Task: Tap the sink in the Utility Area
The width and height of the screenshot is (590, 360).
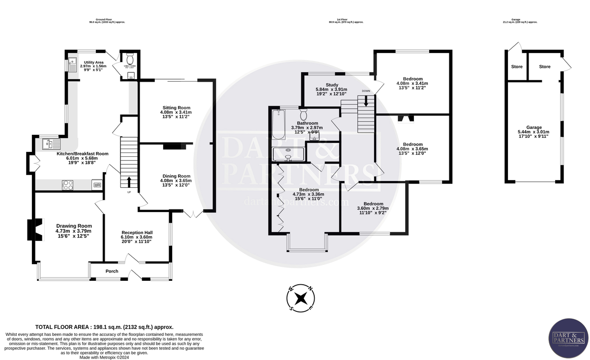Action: pyautogui.click(x=72, y=64)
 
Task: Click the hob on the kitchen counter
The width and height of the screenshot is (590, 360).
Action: pyautogui.click(x=68, y=185)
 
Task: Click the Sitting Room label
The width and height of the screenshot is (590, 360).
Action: pyautogui.click(x=177, y=107)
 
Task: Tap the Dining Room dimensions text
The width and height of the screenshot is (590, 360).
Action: pyautogui.click(x=177, y=183)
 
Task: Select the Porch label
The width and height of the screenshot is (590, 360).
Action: pyautogui.click(x=112, y=271)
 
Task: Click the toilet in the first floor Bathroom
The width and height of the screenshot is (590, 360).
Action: pyautogui.click(x=303, y=113)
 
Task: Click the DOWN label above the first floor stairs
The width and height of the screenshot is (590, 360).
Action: pyautogui.click(x=366, y=91)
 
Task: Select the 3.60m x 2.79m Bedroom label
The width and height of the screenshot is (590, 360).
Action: pyautogui.click(x=373, y=204)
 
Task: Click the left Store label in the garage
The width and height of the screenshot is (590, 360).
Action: pyautogui.click(x=516, y=66)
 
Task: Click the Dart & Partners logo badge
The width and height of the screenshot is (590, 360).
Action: pyautogui.click(x=568, y=339)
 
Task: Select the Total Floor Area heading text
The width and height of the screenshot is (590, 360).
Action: pyautogui.click(x=104, y=327)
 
